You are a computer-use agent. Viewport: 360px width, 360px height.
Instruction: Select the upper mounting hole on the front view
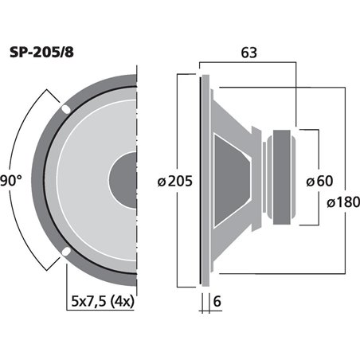pyautogui.click(x=65, y=108)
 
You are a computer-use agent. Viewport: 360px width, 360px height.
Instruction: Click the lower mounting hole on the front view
pyautogui.click(x=65, y=255)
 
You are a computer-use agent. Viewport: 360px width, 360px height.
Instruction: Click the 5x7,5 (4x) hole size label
pyautogui.click(x=102, y=302)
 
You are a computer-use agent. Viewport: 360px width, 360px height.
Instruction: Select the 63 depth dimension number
pyautogui.click(x=248, y=54)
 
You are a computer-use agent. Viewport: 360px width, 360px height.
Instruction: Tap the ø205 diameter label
pyautogui.click(x=175, y=181)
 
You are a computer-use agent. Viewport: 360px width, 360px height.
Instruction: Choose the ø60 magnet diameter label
pyautogui.click(x=319, y=181)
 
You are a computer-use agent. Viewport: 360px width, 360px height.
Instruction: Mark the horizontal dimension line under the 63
pyautogui.click(x=248, y=68)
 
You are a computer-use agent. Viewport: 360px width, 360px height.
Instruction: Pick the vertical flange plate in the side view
pyautogui.click(x=202, y=181)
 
